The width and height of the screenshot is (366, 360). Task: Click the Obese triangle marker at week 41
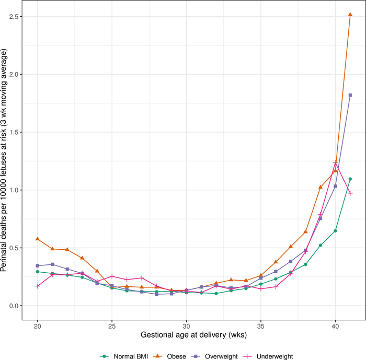coord(350,15)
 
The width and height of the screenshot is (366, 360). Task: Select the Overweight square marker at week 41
coord(350,95)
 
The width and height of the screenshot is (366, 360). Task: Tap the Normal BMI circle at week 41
coord(350,179)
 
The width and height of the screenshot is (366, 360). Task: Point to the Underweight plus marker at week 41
coord(350,193)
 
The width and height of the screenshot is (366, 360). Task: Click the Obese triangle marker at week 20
coord(38,239)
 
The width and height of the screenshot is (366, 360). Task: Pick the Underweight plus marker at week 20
coord(38,286)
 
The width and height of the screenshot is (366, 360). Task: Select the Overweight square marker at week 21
coord(52,264)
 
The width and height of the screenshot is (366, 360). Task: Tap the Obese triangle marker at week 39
coord(321,187)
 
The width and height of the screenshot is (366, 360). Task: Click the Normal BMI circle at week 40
coord(335,231)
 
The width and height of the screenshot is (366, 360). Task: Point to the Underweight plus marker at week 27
coord(142,278)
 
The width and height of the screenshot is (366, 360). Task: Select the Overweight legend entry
coord(216,356)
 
